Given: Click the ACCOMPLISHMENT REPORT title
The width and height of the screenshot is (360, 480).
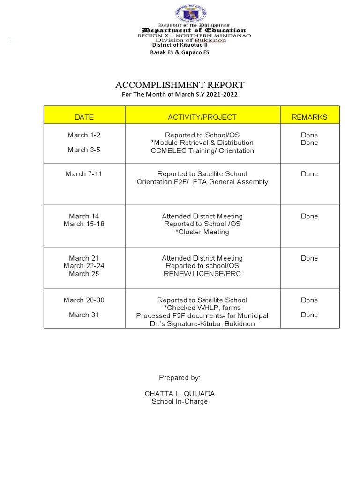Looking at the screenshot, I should pyautogui.click(x=180, y=85).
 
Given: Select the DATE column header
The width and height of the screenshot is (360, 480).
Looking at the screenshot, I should pyautogui.click(x=84, y=117).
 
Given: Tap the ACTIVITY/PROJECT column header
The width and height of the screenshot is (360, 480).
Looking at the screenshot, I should pyautogui.click(x=202, y=117).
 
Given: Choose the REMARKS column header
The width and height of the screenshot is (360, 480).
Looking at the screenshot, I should pyautogui.click(x=309, y=117).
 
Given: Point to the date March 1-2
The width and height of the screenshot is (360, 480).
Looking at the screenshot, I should pyautogui.click(x=84, y=135).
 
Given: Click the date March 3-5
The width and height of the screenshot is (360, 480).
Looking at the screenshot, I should pyautogui.click(x=84, y=150).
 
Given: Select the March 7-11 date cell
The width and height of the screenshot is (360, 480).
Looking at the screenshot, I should pyautogui.click(x=84, y=174).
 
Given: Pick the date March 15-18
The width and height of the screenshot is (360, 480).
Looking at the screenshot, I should pyautogui.click(x=84, y=224).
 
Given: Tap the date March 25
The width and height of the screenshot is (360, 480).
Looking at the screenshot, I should pyautogui.click(x=84, y=274).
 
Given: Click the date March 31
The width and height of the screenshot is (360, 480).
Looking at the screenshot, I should pyautogui.click(x=84, y=315).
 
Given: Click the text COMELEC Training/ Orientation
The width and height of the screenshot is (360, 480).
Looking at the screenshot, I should pyautogui.click(x=202, y=151).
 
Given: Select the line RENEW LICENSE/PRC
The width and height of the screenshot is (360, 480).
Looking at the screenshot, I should pyautogui.click(x=202, y=274).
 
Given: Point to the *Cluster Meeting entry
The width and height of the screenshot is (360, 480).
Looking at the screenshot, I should pyautogui.click(x=202, y=232).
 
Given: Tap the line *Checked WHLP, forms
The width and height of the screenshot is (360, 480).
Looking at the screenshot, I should pyautogui.click(x=202, y=308).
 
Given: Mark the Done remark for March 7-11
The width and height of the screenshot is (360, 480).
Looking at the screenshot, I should pyautogui.click(x=309, y=174).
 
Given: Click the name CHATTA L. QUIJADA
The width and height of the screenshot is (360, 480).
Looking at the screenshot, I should pyautogui.click(x=180, y=394).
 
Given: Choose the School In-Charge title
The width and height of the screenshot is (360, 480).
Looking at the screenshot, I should pyautogui.click(x=180, y=402).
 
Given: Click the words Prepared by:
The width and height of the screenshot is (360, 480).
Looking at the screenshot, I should pyautogui.click(x=180, y=378).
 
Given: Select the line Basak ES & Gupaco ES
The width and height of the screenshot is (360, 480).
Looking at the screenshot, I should pyautogui.click(x=180, y=52).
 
